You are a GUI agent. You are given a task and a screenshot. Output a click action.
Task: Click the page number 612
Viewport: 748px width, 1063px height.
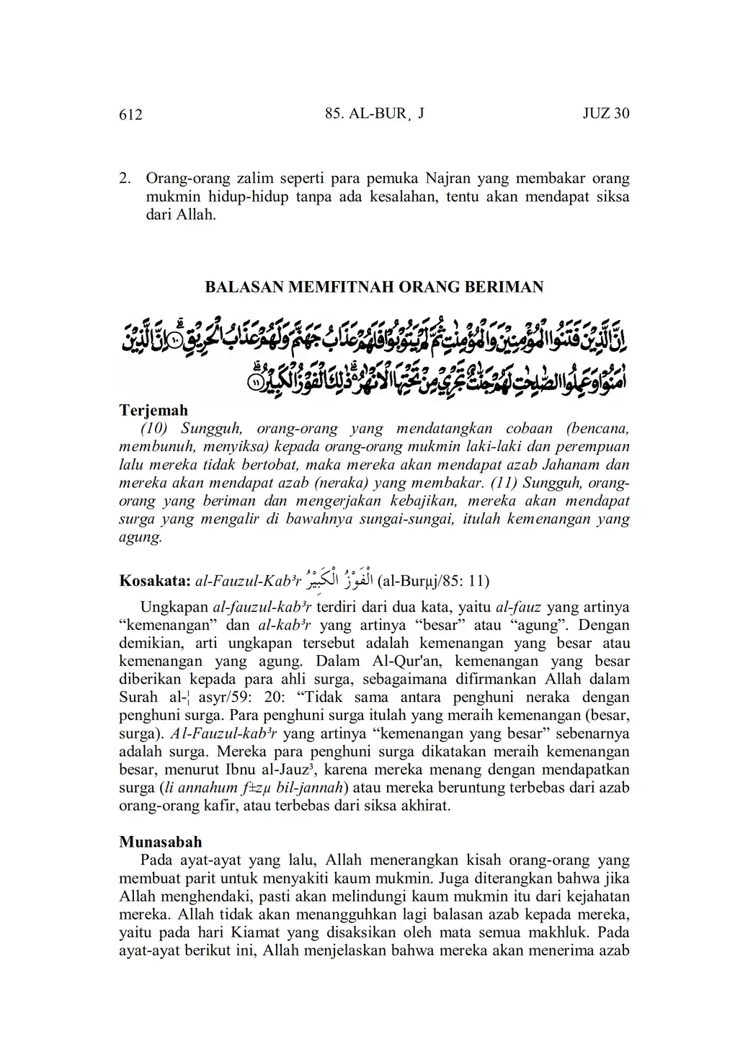[x=130, y=115]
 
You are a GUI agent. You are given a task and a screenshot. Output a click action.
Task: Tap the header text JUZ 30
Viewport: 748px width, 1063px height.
[x=606, y=114]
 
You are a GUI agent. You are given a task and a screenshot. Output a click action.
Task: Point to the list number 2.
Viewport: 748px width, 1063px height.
[x=124, y=177]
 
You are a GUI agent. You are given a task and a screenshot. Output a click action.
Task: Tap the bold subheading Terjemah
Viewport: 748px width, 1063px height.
[x=153, y=410]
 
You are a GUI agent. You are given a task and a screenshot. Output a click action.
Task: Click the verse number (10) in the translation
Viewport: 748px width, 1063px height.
[x=155, y=428]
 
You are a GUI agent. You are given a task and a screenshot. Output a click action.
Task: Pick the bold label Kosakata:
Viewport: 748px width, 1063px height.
[x=154, y=581]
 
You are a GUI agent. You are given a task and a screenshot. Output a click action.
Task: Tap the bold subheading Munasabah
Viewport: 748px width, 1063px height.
[x=160, y=842]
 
